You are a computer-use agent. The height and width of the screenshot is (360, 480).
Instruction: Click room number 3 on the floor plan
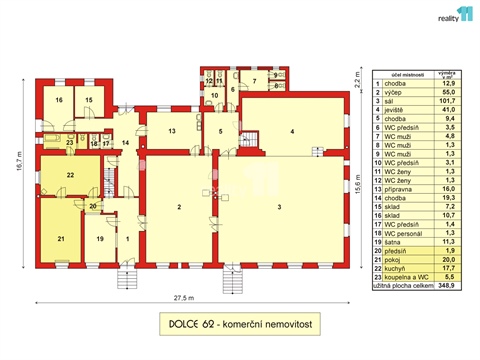(x=279, y=206)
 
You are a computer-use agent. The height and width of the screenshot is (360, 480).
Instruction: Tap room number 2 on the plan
(x=179, y=206)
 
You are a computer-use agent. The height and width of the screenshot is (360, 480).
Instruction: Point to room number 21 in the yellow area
(x=60, y=238)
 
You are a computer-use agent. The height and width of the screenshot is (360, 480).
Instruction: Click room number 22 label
(x=70, y=175)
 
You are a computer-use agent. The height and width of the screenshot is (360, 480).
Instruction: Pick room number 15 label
(x=88, y=101)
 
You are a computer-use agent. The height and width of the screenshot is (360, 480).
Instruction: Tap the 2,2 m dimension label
(x=357, y=77)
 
